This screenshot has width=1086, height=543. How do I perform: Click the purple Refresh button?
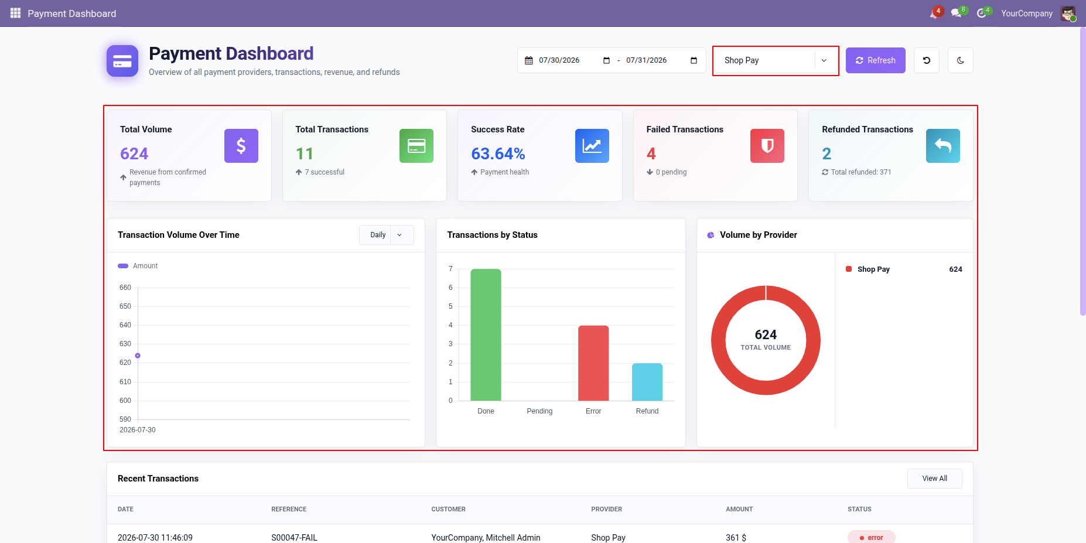pos(875,60)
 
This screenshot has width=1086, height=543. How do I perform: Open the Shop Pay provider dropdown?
pos(776,60)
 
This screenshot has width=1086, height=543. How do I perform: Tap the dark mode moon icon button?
pos(961,60)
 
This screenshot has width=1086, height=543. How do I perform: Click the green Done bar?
pos(486,334)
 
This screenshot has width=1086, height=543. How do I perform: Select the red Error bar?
pos(593,363)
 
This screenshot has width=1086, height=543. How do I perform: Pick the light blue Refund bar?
pos(647,382)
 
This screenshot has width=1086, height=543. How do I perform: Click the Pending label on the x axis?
pos(539,411)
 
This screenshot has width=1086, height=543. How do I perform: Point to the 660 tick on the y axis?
pos(125,288)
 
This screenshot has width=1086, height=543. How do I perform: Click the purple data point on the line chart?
pos(138,356)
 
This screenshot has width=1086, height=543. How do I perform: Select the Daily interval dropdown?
pos(387,235)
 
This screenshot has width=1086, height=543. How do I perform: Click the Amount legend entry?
pos(138,266)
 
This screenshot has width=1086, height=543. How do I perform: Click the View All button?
pos(934,479)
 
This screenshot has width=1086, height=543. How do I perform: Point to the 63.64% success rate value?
pos(498,153)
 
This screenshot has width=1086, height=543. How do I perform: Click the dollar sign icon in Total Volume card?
pos(241,146)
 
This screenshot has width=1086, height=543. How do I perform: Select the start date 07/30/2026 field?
pos(559,60)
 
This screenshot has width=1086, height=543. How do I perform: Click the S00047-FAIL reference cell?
pos(294,538)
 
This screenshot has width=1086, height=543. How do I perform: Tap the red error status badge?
pos(871,537)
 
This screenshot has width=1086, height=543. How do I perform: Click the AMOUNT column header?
pos(739,510)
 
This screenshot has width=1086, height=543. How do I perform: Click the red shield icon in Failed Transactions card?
pos(767,146)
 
